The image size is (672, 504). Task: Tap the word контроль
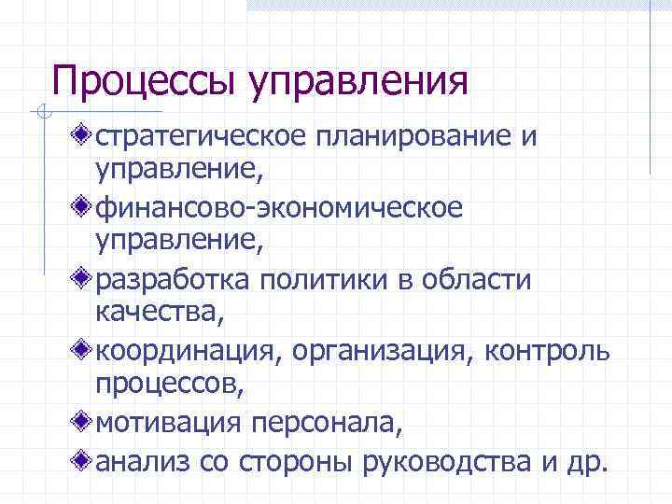click(554, 351)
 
